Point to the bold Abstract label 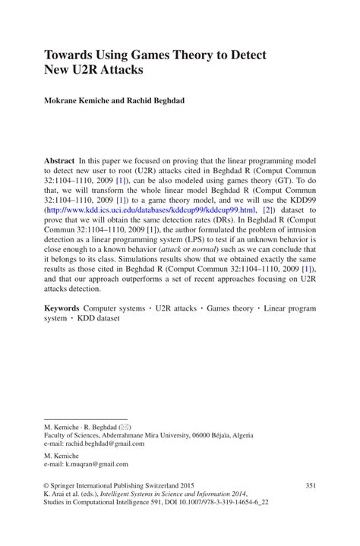click(x=59, y=162)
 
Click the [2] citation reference click(x=267, y=209)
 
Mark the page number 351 click(x=310, y=484)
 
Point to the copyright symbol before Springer click(x=47, y=484)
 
